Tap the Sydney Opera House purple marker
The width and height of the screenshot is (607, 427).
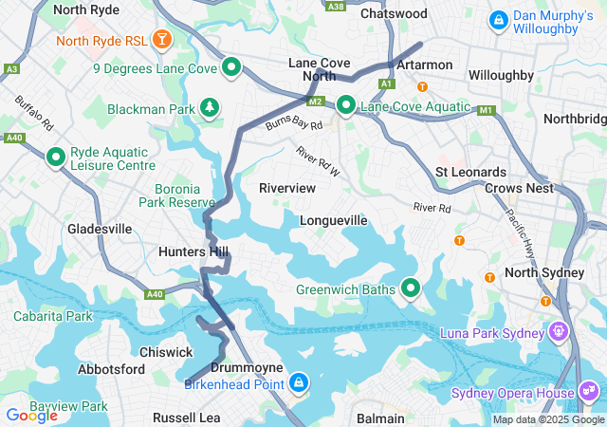coord(589,392)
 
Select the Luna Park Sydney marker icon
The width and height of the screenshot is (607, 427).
coord(559,332)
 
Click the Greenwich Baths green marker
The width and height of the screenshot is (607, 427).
coord(411,287)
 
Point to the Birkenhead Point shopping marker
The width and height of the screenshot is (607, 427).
coord(299,381)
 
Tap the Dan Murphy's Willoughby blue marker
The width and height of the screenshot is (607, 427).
coord(497,19)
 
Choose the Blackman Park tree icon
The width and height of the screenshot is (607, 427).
coord(209,108)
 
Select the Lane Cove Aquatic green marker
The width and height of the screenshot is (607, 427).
coord(346,105)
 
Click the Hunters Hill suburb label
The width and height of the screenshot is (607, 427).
coord(193,251)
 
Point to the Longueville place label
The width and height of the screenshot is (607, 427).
coord(333,220)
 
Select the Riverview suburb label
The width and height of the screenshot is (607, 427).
coord(287,188)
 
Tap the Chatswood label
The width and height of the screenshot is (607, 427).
coord(394,14)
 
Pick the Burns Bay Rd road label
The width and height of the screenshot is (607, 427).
coord(294,124)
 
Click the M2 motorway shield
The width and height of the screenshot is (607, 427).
coord(315,101)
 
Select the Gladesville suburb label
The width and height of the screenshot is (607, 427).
coord(100,229)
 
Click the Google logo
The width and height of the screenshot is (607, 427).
coord(31,415)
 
